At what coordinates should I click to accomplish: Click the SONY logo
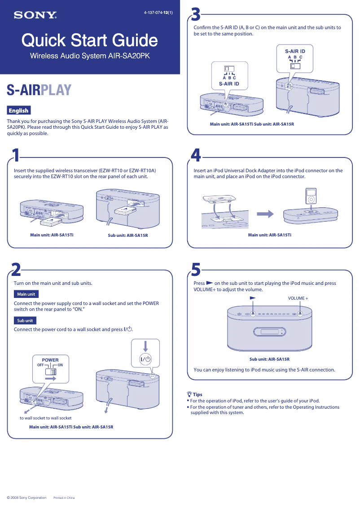(x=35, y=15)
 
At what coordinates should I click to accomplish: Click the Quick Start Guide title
(x=90, y=41)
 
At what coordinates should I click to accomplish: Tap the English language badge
(x=18, y=110)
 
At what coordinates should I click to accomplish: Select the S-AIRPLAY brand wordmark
(x=39, y=90)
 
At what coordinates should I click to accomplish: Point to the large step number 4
(x=196, y=155)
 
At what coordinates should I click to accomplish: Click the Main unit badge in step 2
(x=26, y=294)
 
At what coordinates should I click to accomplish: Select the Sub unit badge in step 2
(x=25, y=321)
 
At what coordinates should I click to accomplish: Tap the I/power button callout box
(x=145, y=354)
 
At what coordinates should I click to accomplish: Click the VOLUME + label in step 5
(x=298, y=298)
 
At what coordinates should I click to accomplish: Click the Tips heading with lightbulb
(x=194, y=394)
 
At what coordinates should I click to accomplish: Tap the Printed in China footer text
(x=64, y=498)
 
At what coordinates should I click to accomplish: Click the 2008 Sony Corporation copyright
(x=26, y=498)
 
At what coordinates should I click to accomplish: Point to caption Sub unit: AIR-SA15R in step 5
(x=269, y=359)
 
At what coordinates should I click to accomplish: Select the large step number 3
(x=196, y=15)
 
